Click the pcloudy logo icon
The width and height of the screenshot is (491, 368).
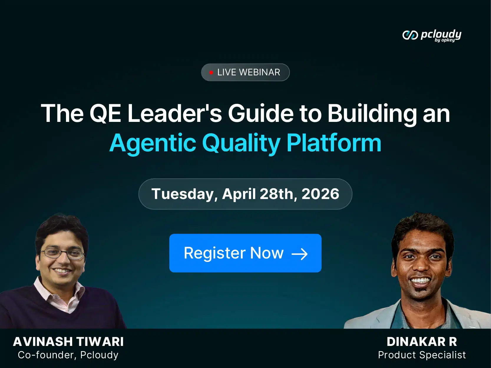point(410,35)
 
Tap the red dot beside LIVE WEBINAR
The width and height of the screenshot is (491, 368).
point(211,72)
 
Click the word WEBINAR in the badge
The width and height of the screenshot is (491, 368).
point(259,72)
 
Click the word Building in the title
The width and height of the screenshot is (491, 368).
point(372,114)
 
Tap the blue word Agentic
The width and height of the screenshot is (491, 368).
point(153,143)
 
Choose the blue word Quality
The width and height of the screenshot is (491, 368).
point(241,143)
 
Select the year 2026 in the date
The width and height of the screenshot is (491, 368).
point(320,194)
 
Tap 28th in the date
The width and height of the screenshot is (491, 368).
point(279,194)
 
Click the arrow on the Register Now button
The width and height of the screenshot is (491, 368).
point(300,254)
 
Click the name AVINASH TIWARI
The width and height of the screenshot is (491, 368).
point(68,342)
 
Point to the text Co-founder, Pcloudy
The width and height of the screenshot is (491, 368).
point(68,355)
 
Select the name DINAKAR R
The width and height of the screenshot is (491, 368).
point(422,342)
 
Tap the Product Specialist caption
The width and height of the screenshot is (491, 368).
point(422,355)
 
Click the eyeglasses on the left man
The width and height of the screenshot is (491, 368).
point(62,254)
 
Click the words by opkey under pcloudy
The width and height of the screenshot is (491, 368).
point(445,40)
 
